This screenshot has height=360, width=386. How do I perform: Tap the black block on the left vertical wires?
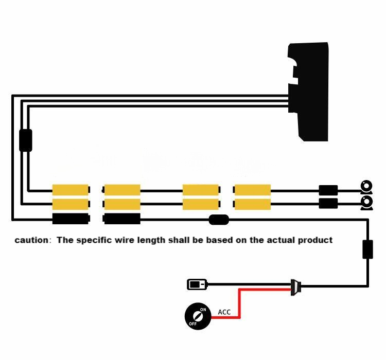25,140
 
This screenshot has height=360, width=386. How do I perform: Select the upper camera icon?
366,186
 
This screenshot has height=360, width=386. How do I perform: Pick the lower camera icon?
366,203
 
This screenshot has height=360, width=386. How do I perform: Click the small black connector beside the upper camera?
328,190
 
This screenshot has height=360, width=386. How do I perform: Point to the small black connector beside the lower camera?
328,203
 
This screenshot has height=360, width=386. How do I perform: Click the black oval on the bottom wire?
219,220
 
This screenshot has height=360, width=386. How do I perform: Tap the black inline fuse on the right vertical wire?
367,249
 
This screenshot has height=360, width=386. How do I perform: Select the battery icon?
197,284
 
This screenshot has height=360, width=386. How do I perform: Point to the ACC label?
224,312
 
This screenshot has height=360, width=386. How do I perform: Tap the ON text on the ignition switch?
203,310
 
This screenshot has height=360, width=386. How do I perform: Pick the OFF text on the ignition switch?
192,324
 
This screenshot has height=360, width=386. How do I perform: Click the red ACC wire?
239,303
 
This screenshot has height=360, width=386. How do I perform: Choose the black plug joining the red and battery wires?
295,286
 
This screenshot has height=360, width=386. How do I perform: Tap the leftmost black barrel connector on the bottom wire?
71,219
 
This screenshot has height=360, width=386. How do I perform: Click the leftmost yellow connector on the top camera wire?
71,190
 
